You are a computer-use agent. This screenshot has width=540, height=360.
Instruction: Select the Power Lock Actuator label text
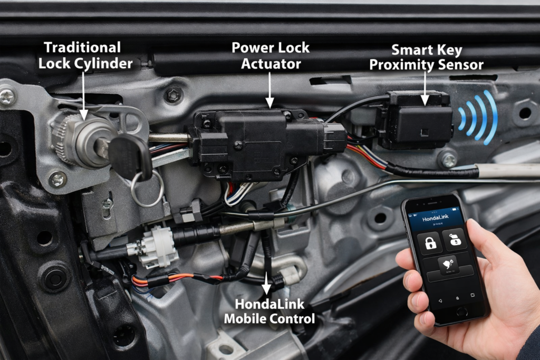[x=271, y=55]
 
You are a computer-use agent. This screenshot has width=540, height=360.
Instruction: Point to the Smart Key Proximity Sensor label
[x=426, y=58]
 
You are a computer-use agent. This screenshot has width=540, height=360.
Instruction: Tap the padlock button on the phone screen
[x=430, y=242]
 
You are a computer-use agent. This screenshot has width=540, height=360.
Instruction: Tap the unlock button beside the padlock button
[x=454, y=240]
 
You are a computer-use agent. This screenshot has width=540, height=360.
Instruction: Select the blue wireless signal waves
[x=477, y=117]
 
